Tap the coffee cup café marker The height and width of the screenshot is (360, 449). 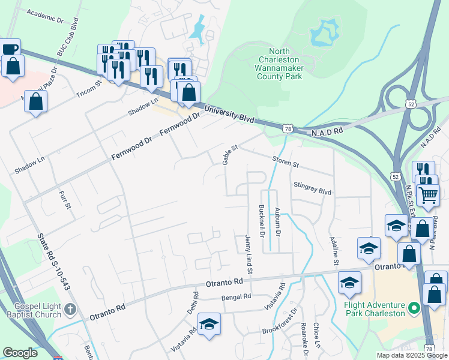tap(10, 49)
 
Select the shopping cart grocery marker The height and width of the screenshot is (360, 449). tap(428, 194)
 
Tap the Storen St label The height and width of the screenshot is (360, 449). tap(285, 162)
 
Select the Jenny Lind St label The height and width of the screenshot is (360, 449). tap(248, 251)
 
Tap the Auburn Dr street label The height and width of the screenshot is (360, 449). tap(277, 220)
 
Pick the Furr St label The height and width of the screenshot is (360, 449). tap(65, 199)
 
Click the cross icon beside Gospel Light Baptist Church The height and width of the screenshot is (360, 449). tap(70, 310)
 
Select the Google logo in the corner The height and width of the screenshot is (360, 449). tap(20, 353)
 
